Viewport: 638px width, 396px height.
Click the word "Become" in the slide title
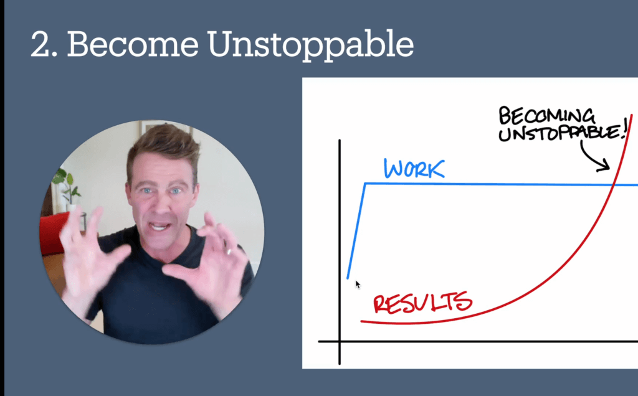click(x=133, y=44)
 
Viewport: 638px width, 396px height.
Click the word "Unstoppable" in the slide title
click(x=310, y=45)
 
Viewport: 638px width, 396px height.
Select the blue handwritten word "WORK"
click(x=414, y=169)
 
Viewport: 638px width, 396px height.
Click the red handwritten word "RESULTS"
click(x=423, y=303)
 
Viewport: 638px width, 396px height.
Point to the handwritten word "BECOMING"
click(x=546, y=116)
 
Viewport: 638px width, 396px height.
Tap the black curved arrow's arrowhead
click(x=605, y=166)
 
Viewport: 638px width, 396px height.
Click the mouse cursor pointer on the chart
click(x=358, y=284)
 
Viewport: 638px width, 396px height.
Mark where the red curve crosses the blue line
click(x=613, y=185)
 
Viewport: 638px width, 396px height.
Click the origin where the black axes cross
click(x=340, y=342)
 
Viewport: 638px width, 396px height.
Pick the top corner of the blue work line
click(x=365, y=184)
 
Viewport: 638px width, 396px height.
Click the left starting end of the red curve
click(x=361, y=321)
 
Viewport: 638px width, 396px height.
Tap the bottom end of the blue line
click(x=348, y=278)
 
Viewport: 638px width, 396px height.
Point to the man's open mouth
click(x=159, y=226)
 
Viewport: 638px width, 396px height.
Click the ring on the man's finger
click(x=229, y=252)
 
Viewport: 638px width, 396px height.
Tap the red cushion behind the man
click(x=53, y=233)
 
